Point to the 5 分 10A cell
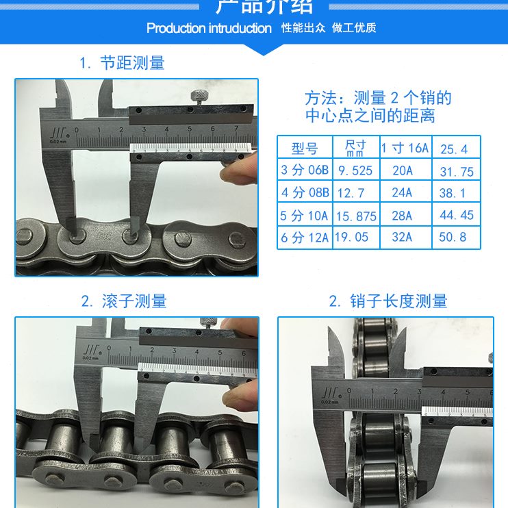coord(305,216)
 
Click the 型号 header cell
coord(305,149)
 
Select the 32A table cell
coord(402,238)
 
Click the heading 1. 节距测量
coord(122,64)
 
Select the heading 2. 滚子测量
coord(124,301)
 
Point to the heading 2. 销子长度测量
coord(388,301)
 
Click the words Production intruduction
coord(209,28)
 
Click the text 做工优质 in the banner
coord(354,28)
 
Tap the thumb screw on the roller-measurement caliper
coord(204,322)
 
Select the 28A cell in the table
coord(402,216)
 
